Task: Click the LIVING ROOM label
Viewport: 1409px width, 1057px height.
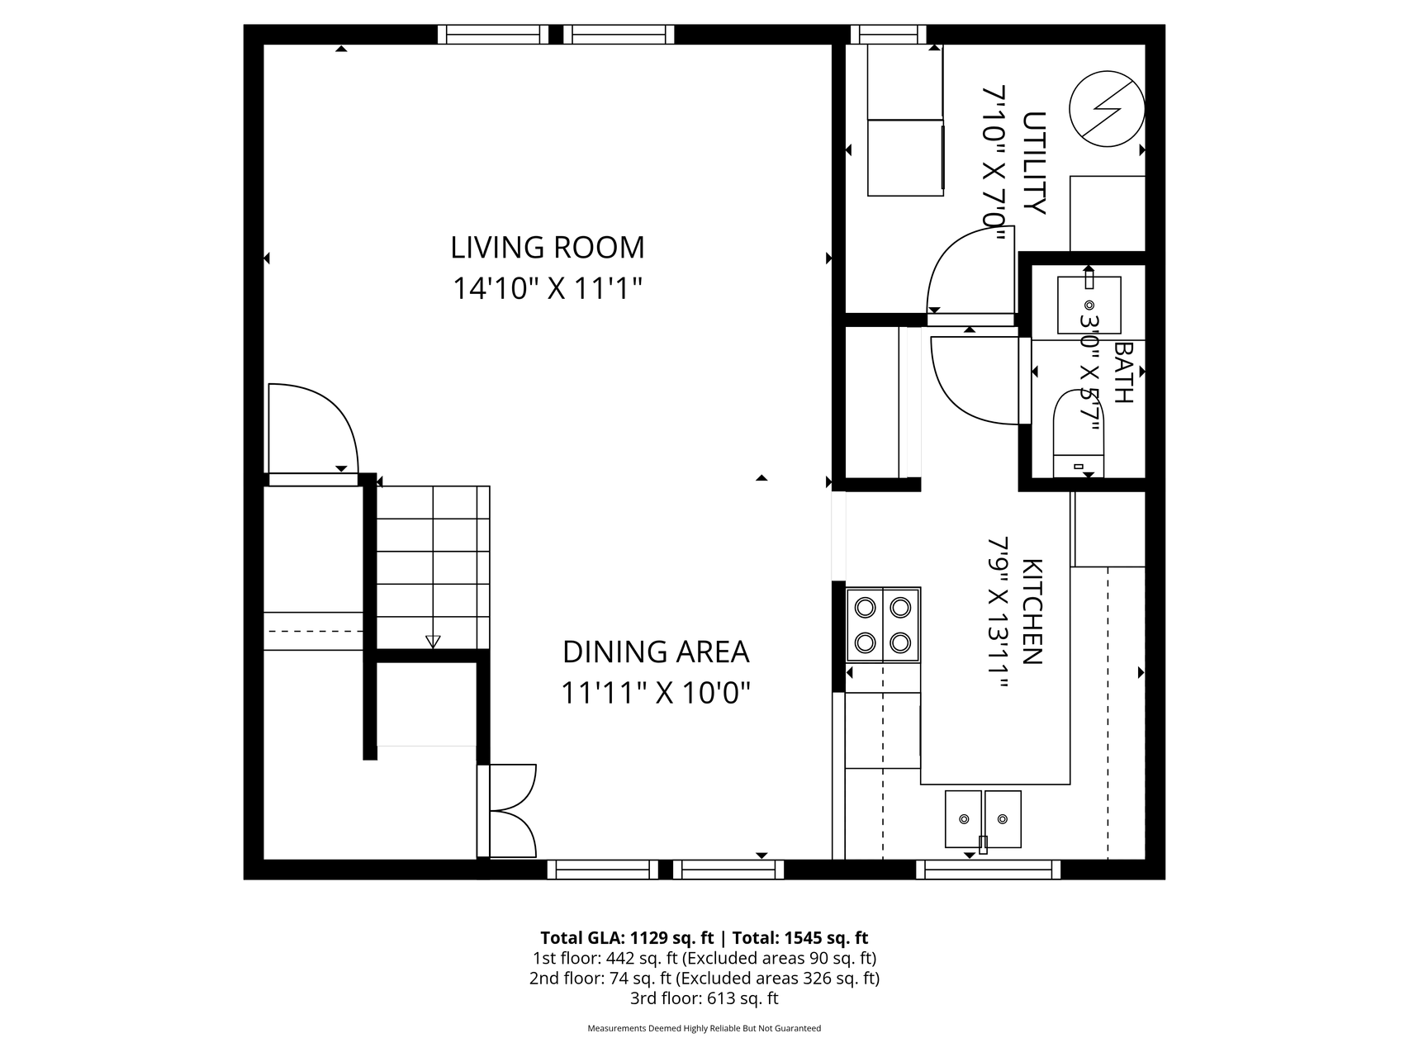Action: click(x=547, y=247)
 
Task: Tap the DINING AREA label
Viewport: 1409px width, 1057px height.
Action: click(x=656, y=652)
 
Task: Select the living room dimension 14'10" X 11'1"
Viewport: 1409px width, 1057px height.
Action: click(x=547, y=288)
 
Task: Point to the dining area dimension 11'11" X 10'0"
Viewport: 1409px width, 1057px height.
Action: click(x=656, y=692)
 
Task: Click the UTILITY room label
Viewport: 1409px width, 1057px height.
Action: click(x=1034, y=163)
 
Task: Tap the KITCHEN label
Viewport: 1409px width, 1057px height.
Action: click(x=1032, y=612)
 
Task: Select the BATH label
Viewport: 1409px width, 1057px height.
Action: click(x=1123, y=372)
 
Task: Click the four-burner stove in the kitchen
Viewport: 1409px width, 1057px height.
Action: click(x=883, y=624)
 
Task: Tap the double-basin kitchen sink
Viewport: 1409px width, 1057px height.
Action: click(x=983, y=819)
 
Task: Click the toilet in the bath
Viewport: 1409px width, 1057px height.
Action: click(x=1079, y=434)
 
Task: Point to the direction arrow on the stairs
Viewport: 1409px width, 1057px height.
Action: click(x=433, y=642)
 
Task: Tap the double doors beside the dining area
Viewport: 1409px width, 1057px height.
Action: click(x=507, y=811)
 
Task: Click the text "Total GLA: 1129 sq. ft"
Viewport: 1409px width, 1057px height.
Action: click(x=627, y=938)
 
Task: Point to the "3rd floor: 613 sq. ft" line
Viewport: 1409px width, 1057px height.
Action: click(x=704, y=998)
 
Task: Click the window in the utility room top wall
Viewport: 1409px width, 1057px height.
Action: click(x=889, y=34)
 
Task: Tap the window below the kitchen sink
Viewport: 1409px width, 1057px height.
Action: click(x=988, y=870)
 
